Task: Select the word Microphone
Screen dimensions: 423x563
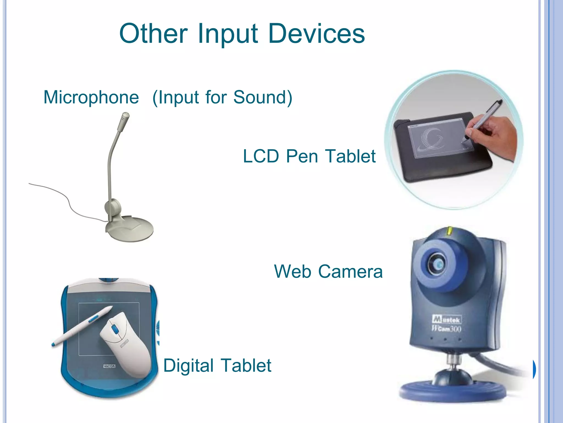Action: click(91, 97)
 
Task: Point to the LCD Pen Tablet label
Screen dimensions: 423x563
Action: click(309, 156)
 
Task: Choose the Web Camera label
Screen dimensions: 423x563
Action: click(328, 272)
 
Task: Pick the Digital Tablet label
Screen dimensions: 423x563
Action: click(217, 366)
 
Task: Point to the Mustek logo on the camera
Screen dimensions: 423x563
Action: click(447, 319)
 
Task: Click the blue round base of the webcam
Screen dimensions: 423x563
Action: click(452, 391)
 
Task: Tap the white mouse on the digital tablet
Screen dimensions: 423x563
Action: click(125, 344)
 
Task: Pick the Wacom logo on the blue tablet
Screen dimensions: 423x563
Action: click(109, 366)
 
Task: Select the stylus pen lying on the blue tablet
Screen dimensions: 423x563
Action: click(82, 325)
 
